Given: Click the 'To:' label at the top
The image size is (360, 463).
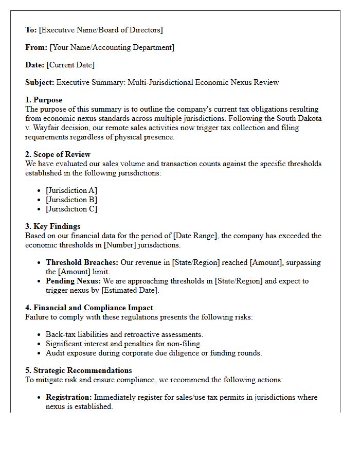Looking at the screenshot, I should [x=31, y=30].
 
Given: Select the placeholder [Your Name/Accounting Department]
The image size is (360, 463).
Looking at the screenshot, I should [x=112, y=47].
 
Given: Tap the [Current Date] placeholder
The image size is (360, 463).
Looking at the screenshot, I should [x=70, y=65].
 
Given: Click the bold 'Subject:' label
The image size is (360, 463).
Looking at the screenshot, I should [x=40, y=82].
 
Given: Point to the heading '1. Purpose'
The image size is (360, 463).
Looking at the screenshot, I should [x=44, y=100].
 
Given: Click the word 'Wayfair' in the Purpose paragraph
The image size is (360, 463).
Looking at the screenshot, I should [x=48, y=128].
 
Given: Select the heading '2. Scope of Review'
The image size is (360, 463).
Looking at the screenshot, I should [x=58, y=154].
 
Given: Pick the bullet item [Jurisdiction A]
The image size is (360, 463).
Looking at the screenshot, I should [x=71, y=190].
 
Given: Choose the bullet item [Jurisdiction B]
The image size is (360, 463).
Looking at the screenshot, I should [x=71, y=200].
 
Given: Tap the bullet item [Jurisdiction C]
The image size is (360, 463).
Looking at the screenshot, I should [x=71, y=209].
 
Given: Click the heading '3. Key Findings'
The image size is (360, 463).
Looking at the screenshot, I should [x=52, y=226].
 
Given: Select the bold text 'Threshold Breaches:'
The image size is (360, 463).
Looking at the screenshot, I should [x=82, y=262].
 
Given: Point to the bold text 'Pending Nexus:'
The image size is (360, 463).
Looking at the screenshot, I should [x=74, y=281].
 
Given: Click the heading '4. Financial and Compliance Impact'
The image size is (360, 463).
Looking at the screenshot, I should [x=89, y=308].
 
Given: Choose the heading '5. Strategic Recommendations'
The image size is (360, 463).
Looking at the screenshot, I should [x=78, y=370].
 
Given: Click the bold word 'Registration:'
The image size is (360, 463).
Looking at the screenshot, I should [x=69, y=397].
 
